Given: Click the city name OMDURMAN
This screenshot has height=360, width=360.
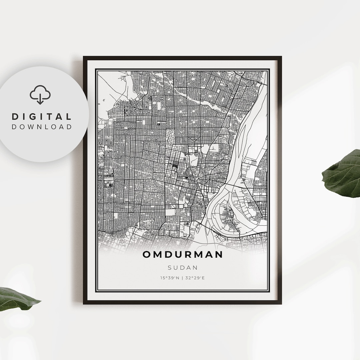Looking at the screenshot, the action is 183,254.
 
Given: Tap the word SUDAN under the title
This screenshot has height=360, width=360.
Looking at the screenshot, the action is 183,267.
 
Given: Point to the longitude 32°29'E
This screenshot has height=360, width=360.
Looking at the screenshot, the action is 195,278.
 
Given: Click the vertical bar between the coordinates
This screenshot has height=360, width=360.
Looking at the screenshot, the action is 183,278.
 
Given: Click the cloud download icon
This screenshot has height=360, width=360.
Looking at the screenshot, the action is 40,95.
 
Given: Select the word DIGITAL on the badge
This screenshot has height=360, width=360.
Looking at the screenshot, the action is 42,117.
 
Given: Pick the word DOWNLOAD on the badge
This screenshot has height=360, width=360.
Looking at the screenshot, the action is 42,127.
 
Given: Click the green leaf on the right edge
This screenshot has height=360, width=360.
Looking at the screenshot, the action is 343,175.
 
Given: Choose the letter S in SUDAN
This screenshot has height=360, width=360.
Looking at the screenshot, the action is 170,267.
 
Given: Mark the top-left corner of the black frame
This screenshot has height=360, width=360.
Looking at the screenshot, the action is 84,57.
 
